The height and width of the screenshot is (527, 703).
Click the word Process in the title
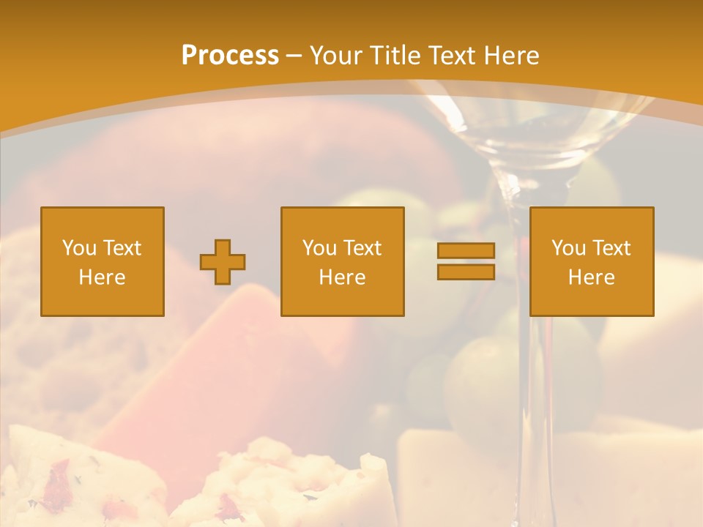click(x=230, y=56)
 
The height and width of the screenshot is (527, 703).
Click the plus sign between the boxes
click(x=223, y=262)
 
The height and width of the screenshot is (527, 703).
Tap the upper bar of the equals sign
click(x=466, y=251)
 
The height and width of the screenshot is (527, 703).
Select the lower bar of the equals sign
click(x=466, y=272)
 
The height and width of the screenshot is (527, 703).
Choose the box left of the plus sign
click(x=103, y=261)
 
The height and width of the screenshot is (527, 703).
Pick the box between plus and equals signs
click(x=342, y=261)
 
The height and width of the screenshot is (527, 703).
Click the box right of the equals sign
click(x=591, y=261)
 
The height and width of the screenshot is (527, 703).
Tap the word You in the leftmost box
click(x=78, y=248)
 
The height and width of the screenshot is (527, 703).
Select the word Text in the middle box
click(x=362, y=248)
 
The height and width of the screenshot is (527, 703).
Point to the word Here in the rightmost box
click(x=591, y=277)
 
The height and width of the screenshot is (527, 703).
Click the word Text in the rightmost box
click(x=611, y=248)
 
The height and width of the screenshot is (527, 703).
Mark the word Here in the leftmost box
click(x=102, y=277)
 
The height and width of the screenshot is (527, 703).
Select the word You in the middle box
click(x=319, y=248)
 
